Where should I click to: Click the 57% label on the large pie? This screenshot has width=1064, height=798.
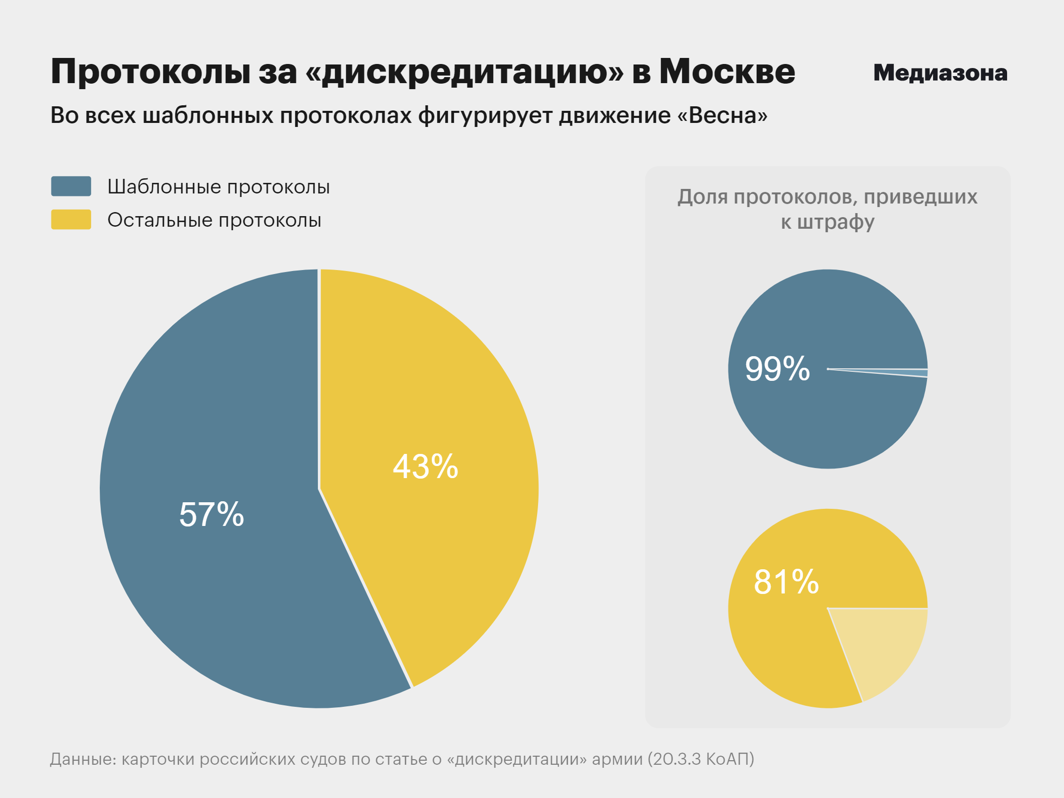[212, 514]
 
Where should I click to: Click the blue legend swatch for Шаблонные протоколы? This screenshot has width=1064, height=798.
[71, 186]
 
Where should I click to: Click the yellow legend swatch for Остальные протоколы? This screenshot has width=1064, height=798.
[71, 220]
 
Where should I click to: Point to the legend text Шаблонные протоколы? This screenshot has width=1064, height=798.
[218, 187]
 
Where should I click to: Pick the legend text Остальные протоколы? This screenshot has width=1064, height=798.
[214, 220]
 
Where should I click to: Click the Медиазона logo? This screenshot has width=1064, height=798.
[940, 73]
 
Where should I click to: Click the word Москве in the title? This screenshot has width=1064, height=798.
[727, 72]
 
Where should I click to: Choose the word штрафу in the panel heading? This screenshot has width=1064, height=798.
[836, 222]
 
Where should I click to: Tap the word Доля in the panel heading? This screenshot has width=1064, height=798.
[702, 196]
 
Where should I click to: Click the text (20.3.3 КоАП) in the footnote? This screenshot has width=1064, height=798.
[701, 759]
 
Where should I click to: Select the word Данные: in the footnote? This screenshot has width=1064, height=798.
[83, 759]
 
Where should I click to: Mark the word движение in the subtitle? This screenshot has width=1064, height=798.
[614, 115]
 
